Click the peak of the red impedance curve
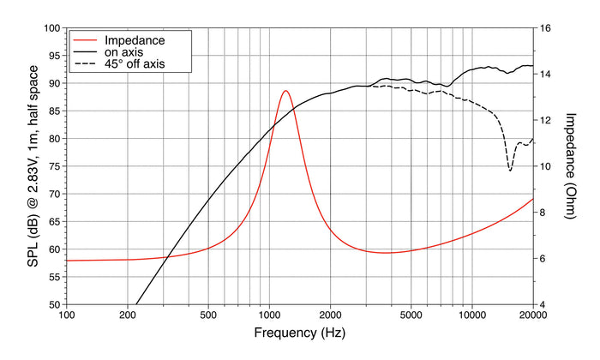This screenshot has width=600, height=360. coord(285,91)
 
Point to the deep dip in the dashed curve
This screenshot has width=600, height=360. coord(510,170)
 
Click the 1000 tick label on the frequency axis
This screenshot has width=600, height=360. coord(269,315)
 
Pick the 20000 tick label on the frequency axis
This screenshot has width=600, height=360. coord(532,315)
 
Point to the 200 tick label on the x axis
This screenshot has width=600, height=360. coord(127,315)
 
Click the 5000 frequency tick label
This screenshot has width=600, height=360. coord(411,315)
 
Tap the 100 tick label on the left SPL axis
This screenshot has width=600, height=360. coord(52,28)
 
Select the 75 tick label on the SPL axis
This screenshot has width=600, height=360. coord(55,166)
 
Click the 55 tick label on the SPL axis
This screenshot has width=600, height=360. coord(55,277)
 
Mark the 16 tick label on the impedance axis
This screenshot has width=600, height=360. coord(544,28)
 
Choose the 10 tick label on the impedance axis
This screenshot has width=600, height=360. coord(544,166)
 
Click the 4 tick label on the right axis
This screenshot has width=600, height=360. coord(542,305)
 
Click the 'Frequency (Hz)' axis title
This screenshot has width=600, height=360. coord(300,333)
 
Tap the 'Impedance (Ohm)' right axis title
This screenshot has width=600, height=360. coord(570,165)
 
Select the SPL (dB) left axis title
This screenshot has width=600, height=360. coord(33,166)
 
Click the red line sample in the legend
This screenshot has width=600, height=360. coord(85,40)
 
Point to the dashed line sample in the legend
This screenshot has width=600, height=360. coord(85,64)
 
